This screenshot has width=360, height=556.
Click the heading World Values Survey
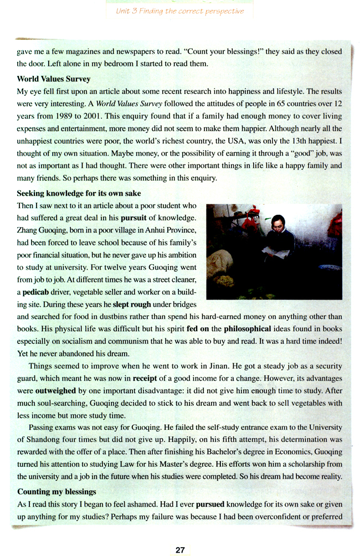pyautogui.click(x=54, y=79)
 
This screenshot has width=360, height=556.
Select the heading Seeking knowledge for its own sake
pyautogui.click(x=79, y=193)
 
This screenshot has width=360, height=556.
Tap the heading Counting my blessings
pyautogui.click(x=57, y=491)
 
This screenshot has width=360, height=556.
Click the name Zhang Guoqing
pyautogui.click(x=43, y=229)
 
